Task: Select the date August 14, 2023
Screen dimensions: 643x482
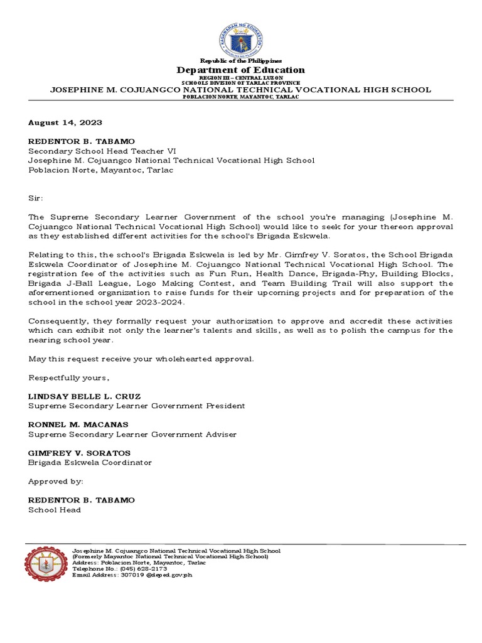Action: pos(65,122)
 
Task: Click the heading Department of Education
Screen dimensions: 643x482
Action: pos(241,70)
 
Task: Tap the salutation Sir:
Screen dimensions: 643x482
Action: pos(36,198)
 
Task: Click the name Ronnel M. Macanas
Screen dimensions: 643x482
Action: pos(78,424)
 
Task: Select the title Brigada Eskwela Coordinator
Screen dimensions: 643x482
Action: pos(90,462)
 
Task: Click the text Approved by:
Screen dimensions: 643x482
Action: pos(55,481)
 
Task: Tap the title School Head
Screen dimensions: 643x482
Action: pos(55,510)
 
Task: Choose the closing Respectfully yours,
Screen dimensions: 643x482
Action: pos(69,377)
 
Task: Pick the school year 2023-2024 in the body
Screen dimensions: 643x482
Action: pos(157,302)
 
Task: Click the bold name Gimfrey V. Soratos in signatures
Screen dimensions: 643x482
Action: pos(79,453)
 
